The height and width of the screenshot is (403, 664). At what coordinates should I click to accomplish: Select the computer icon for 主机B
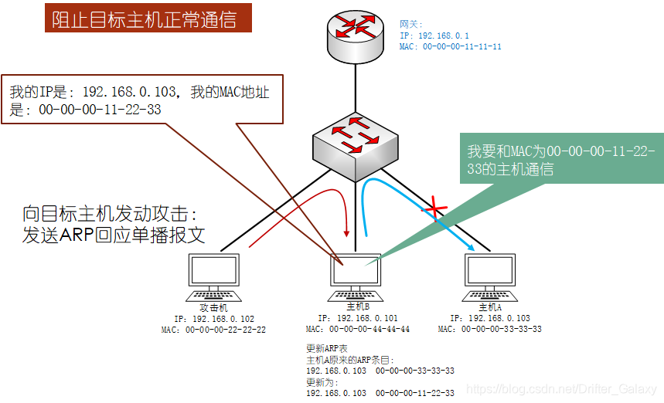(x=357, y=276)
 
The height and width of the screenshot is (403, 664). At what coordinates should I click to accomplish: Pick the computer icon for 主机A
(x=490, y=276)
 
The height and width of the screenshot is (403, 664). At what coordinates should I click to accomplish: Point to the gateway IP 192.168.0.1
(x=434, y=36)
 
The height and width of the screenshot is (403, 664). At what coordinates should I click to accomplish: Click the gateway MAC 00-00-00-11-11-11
(x=451, y=46)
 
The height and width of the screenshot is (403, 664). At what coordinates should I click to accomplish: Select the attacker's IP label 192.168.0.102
(x=214, y=319)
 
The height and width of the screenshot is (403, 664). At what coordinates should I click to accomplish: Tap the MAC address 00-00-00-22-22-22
(x=214, y=330)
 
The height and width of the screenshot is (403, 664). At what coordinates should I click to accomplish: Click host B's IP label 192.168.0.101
(x=358, y=317)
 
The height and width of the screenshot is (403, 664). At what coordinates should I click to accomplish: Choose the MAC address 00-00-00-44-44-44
(x=358, y=329)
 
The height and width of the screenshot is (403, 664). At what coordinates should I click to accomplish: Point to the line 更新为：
(x=323, y=381)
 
